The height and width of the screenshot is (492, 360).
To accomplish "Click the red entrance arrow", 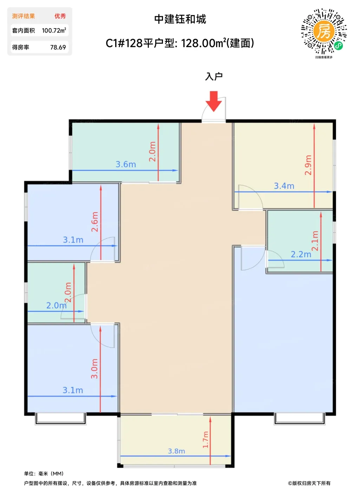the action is click(x=214, y=101).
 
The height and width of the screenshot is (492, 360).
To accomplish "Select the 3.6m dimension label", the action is click(x=126, y=164).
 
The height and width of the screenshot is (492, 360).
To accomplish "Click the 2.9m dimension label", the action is click(x=308, y=165).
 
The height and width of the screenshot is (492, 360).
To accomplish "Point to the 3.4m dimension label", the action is click(x=284, y=186).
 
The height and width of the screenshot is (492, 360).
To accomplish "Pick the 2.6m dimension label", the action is click(x=94, y=222).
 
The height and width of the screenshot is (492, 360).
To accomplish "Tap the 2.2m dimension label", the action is click(x=301, y=254).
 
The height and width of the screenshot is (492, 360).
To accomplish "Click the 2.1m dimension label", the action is click(x=315, y=241).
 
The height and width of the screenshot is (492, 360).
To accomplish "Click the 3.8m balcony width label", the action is click(x=176, y=451).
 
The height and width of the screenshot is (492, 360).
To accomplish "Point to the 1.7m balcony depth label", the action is click(x=205, y=440).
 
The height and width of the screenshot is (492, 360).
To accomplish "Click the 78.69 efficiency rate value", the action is click(x=58, y=47).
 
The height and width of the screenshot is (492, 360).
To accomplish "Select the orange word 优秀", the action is click(x=60, y=16).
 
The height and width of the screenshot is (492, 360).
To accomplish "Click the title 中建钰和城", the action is click(x=180, y=19).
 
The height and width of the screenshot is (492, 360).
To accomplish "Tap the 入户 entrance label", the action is click(x=214, y=77).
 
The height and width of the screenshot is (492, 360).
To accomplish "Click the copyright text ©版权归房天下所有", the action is click(x=309, y=483).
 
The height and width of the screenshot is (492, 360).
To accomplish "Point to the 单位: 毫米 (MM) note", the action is click(x=44, y=474).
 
